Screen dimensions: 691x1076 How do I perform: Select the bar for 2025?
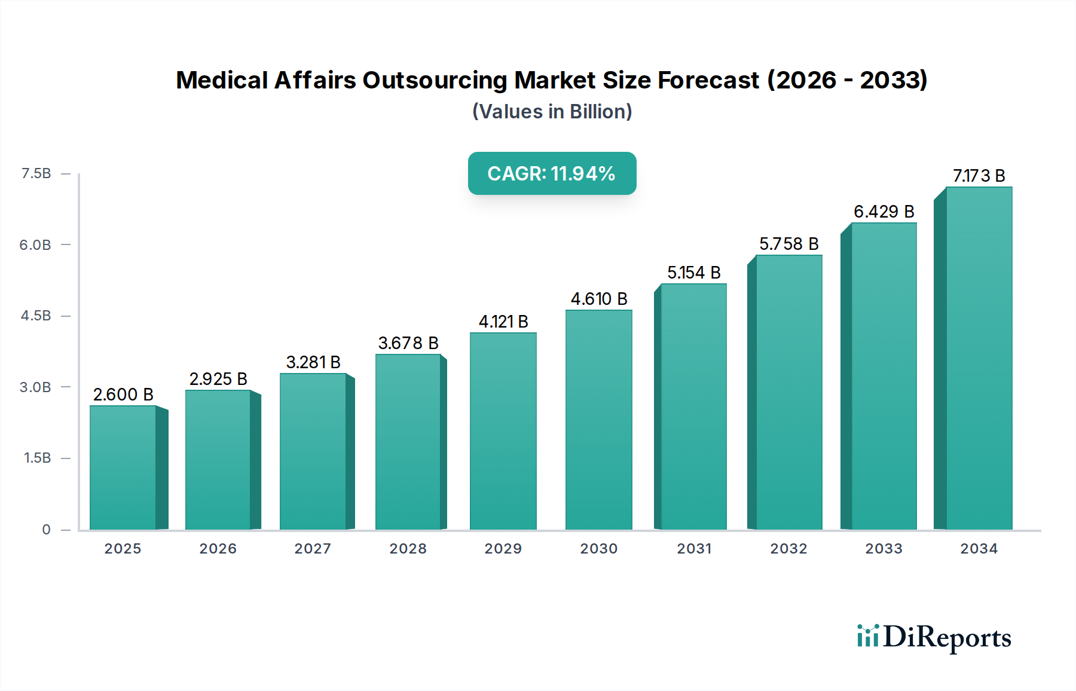point(123,468)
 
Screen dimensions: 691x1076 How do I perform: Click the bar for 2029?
point(503,431)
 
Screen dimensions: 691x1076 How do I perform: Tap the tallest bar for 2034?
point(979,359)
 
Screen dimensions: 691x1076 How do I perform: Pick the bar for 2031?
point(693,406)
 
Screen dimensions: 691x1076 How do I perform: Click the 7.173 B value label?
point(979,176)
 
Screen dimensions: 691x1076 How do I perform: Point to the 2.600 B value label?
point(123,395)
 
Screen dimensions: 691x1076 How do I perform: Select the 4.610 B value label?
point(599,299)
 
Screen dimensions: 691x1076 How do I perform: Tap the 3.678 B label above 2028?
point(408,343)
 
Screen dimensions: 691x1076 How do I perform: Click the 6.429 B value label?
point(884,212)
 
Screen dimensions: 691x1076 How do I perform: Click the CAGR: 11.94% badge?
point(552,173)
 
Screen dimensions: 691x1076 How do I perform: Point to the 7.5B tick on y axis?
point(36,173)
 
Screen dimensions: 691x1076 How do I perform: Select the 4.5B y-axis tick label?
point(36,316)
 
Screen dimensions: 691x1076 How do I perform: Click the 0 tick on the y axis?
point(46,530)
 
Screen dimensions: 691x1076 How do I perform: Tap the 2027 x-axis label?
point(313,549)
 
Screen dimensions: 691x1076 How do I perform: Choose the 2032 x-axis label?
point(788,549)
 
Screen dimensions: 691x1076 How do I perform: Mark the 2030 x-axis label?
point(598,549)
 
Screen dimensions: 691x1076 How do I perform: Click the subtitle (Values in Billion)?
point(552,112)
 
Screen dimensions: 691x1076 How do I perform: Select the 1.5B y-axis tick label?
point(37,458)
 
